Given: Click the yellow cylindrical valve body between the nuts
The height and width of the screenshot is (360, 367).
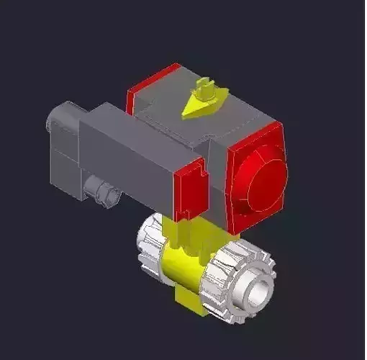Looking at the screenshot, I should (183, 270).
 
